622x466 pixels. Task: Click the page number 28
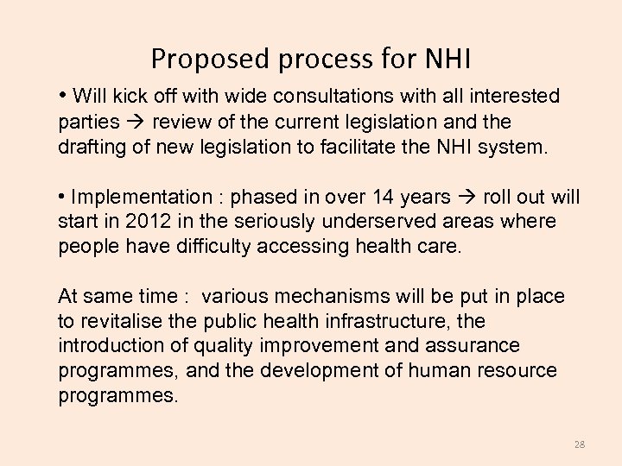point(579,444)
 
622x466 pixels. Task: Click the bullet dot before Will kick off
point(63,95)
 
